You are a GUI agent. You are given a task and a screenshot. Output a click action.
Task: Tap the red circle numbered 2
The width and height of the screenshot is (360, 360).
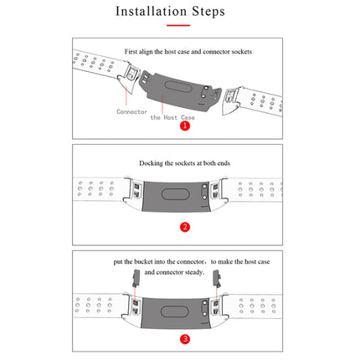pyautogui.click(x=186, y=226)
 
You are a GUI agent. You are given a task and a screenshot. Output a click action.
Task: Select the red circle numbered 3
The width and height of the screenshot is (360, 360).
pyautogui.click(x=185, y=338)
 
